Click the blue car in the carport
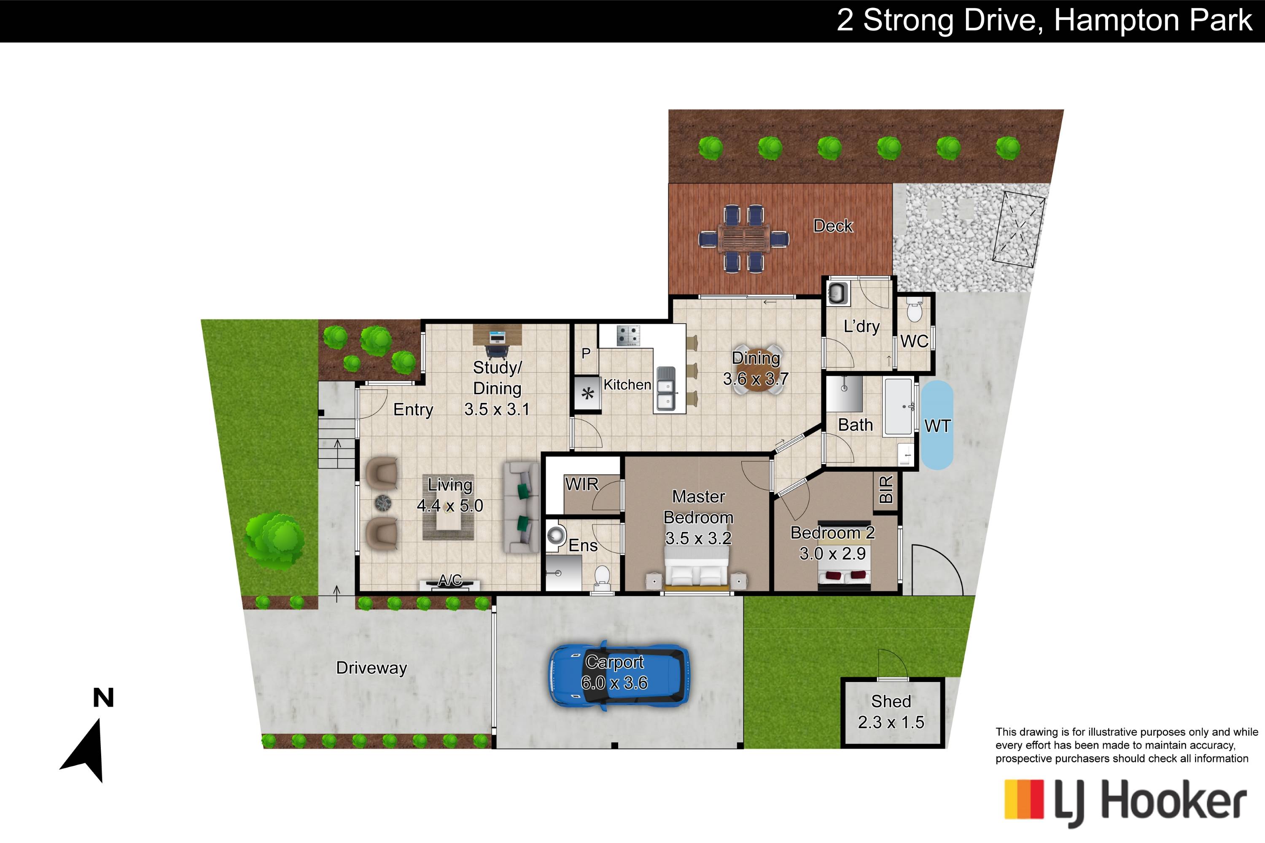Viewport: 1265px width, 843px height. click(619, 675)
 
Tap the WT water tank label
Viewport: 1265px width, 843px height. click(937, 426)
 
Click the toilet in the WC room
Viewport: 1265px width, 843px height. click(914, 311)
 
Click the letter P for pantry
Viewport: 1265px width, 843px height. click(586, 353)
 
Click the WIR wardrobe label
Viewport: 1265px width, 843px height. click(581, 484)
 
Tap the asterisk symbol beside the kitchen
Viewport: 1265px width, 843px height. click(588, 394)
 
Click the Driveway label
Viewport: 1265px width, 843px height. click(371, 668)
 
